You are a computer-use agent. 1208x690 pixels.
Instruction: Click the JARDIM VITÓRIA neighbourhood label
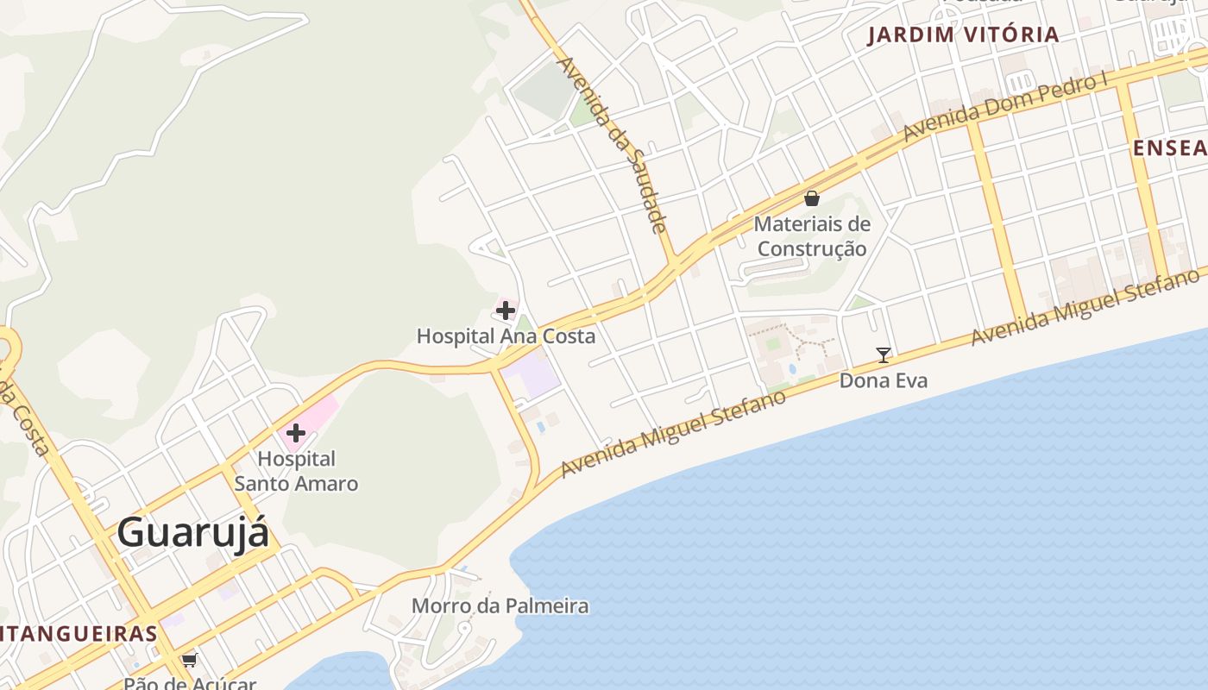click(963, 34)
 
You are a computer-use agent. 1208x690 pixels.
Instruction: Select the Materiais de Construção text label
click(811, 236)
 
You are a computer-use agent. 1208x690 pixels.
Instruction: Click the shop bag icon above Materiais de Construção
click(811, 198)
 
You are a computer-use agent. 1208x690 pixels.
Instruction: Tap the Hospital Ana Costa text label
click(506, 336)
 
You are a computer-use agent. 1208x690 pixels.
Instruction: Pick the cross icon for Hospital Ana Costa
click(506, 310)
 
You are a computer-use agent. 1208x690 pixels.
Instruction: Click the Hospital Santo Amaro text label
click(296, 471)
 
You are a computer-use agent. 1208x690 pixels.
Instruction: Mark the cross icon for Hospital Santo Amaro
click(296, 432)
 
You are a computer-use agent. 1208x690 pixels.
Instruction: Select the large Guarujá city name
click(193, 532)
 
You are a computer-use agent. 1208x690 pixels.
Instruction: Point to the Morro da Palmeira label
click(500, 606)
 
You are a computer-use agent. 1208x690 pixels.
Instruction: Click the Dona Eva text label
click(884, 380)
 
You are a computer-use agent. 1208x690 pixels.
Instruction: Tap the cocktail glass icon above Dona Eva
click(884, 354)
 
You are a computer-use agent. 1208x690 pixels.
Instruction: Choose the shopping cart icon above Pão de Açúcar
click(189, 661)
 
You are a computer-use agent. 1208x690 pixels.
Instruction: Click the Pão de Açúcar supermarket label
click(190, 683)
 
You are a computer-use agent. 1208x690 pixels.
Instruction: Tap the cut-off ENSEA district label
click(1170, 148)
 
